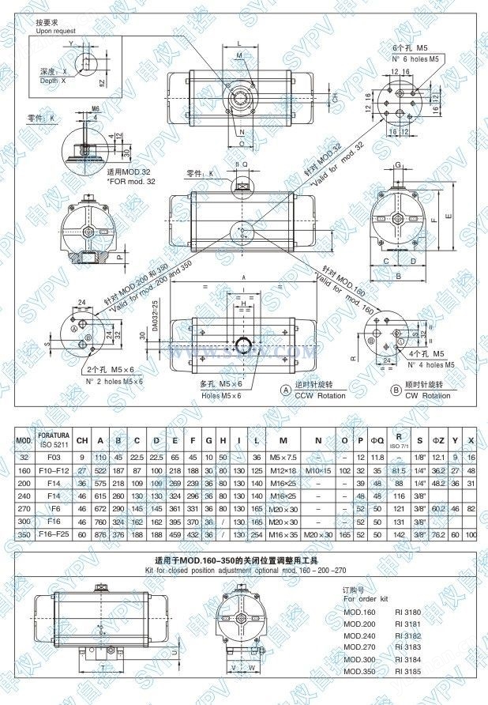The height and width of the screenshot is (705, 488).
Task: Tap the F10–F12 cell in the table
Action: click(x=55, y=470)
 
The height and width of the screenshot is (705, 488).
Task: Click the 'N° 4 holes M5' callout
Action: click(x=430, y=365)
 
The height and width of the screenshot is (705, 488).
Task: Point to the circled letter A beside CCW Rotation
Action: click(x=285, y=390)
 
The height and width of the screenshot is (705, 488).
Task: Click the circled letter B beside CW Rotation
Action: click(x=396, y=390)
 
